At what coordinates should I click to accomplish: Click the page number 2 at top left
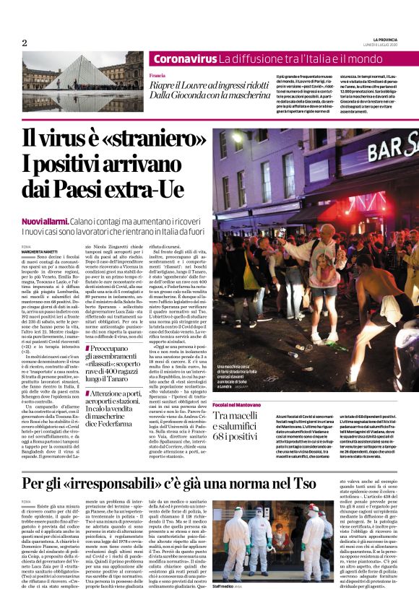pos(25,43)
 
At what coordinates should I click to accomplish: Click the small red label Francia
pos(157,74)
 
